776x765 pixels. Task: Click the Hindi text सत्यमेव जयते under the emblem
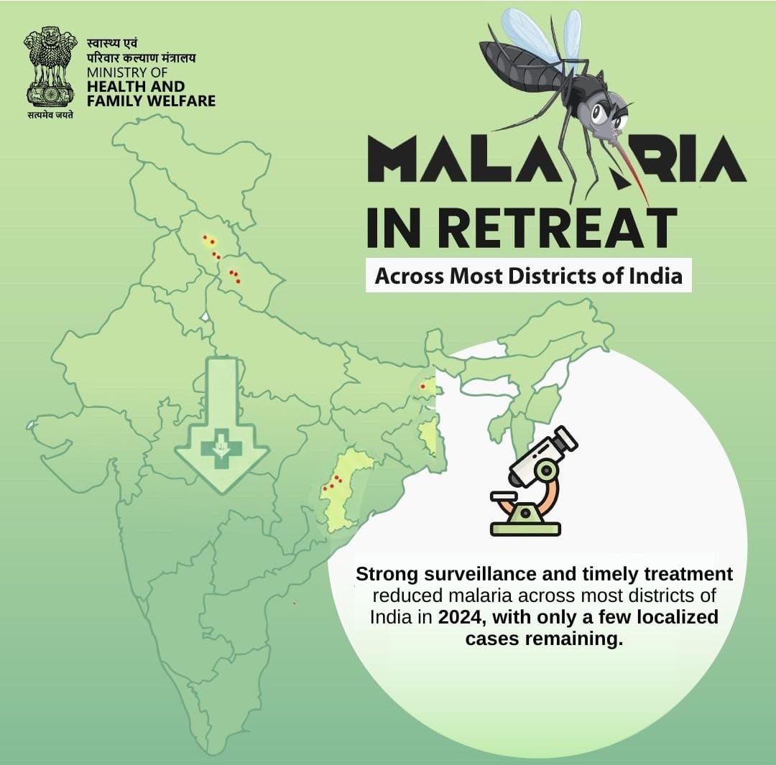(50, 116)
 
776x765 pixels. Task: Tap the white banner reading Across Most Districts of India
(528, 275)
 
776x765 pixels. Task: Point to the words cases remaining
(543, 638)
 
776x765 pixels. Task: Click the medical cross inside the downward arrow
(221, 449)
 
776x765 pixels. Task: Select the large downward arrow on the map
(221, 424)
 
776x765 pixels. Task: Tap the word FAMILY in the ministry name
(114, 101)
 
